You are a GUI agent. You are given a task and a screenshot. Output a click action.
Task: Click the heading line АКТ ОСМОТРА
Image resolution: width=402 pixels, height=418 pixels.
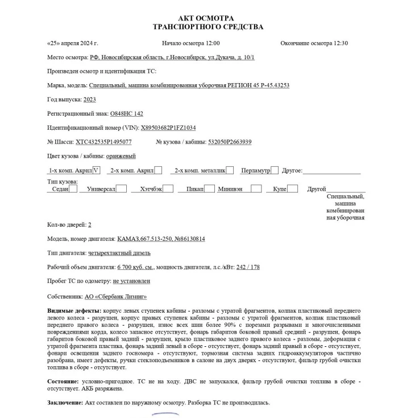pos(205,18)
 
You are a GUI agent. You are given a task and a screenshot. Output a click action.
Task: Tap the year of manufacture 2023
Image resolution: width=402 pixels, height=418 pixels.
pos(89,100)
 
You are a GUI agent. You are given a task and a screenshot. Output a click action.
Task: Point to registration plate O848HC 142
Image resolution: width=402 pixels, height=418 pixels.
pos(126,114)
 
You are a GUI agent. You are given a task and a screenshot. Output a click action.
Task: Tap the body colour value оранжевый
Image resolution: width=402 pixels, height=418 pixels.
pos(121,156)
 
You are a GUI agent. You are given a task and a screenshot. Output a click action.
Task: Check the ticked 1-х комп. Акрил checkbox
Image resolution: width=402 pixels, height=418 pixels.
pos(96,170)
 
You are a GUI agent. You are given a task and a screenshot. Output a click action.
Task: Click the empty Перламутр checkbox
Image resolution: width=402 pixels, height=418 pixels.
pos(275,170)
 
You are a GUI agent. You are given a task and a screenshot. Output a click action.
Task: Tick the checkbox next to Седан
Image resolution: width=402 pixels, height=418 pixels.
pos(73,188)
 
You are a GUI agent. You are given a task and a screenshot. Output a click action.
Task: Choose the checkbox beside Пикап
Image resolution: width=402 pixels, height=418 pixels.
pos(209,188)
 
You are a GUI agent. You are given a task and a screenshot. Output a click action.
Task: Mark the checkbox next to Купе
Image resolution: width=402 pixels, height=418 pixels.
pos(292,188)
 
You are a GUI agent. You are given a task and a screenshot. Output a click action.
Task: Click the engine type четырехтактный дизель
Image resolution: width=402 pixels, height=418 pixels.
pos(119,252)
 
